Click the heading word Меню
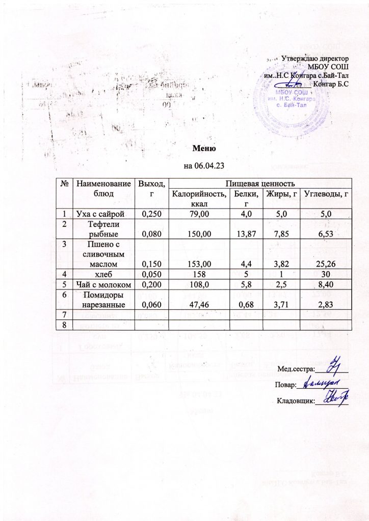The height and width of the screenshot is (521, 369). coord(204,149)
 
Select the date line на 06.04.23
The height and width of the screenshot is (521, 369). coord(204,166)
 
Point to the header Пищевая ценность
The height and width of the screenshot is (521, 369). coord(260,183)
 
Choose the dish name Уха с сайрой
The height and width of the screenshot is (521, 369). coord(102,214)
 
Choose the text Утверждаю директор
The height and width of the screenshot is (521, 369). coord(314,60)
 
